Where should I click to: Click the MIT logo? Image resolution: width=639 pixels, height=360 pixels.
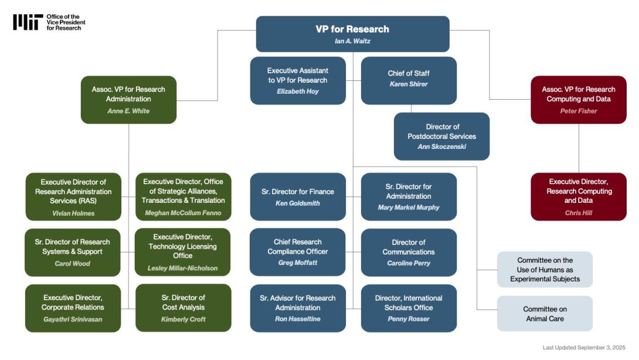[x=28, y=22]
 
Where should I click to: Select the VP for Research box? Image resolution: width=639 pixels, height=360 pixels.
[x=352, y=34]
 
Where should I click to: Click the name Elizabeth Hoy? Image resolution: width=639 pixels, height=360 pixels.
[x=298, y=91]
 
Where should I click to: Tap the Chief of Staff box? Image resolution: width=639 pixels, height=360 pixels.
[x=409, y=80]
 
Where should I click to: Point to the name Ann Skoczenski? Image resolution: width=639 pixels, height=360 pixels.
[x=441, y=147]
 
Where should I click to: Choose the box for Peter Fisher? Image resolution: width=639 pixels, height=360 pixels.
[x=578, y=100]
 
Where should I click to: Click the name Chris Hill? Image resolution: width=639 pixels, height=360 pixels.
[x=579, y=213]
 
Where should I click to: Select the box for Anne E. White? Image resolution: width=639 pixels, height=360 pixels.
[x=128, y=100]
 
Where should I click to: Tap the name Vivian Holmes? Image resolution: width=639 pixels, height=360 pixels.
[x=73, y=213]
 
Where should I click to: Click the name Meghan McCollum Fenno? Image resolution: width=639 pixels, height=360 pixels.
[x=183, y=213]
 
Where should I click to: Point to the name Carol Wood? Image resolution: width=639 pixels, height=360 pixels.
[x=73, y=263]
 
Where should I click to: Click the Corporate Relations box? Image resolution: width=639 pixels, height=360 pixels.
[x=73, y=308]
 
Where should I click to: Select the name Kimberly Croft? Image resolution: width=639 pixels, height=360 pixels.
[x=183, y=320]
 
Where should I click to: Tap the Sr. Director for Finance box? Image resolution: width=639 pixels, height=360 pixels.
[x=298, y=196]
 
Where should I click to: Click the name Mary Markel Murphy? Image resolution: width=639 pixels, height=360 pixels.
[x=409, y=207]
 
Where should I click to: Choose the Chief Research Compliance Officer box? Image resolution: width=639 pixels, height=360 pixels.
[x=298, y=252]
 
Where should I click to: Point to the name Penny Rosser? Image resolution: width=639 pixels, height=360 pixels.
[x=409, y=319]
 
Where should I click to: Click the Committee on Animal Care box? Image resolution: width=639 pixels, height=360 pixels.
[x=545, y=314]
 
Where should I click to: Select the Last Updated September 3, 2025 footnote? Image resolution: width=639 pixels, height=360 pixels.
[x=584, y=348]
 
